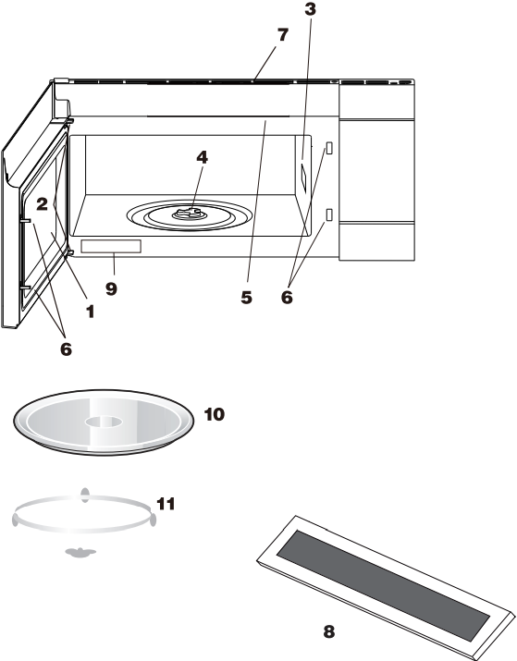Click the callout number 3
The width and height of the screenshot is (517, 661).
click(x=311, y=9)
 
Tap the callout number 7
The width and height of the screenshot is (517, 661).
click(x=283, y=35)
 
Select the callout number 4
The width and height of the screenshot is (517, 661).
click(x=202, y=157)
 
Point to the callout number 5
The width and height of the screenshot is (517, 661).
click(x=247, y=297)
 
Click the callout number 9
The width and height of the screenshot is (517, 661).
click(x=111, y=288)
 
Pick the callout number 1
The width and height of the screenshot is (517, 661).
click(x=91, y=312)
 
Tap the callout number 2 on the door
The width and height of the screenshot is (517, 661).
click(x=42, y=204)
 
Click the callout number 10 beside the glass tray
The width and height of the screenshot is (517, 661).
click(x=215, y=414)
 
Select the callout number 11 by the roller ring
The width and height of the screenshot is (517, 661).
click(x=166, y=503)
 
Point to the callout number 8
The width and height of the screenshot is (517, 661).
click(x=329, y=631)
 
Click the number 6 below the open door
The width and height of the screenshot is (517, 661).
click(x=67, y=349)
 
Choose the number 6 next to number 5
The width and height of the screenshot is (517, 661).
click(x=287, y=297)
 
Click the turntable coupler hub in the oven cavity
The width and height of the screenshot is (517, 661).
click(x=190, y=214)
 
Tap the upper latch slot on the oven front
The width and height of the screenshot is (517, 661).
click(x=329, y=148)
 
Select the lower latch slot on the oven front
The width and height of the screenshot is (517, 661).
click(x=329, y=215)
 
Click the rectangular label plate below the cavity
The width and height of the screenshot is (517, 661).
click(x=111, y=247)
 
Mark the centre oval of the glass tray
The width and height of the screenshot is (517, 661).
click(x=104, y=422)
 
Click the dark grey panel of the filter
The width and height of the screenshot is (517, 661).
click(x=383, y=585)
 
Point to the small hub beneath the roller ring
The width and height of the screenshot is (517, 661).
click(x=80, y=552)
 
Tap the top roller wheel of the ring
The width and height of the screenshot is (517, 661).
click(x=85, y=495)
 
